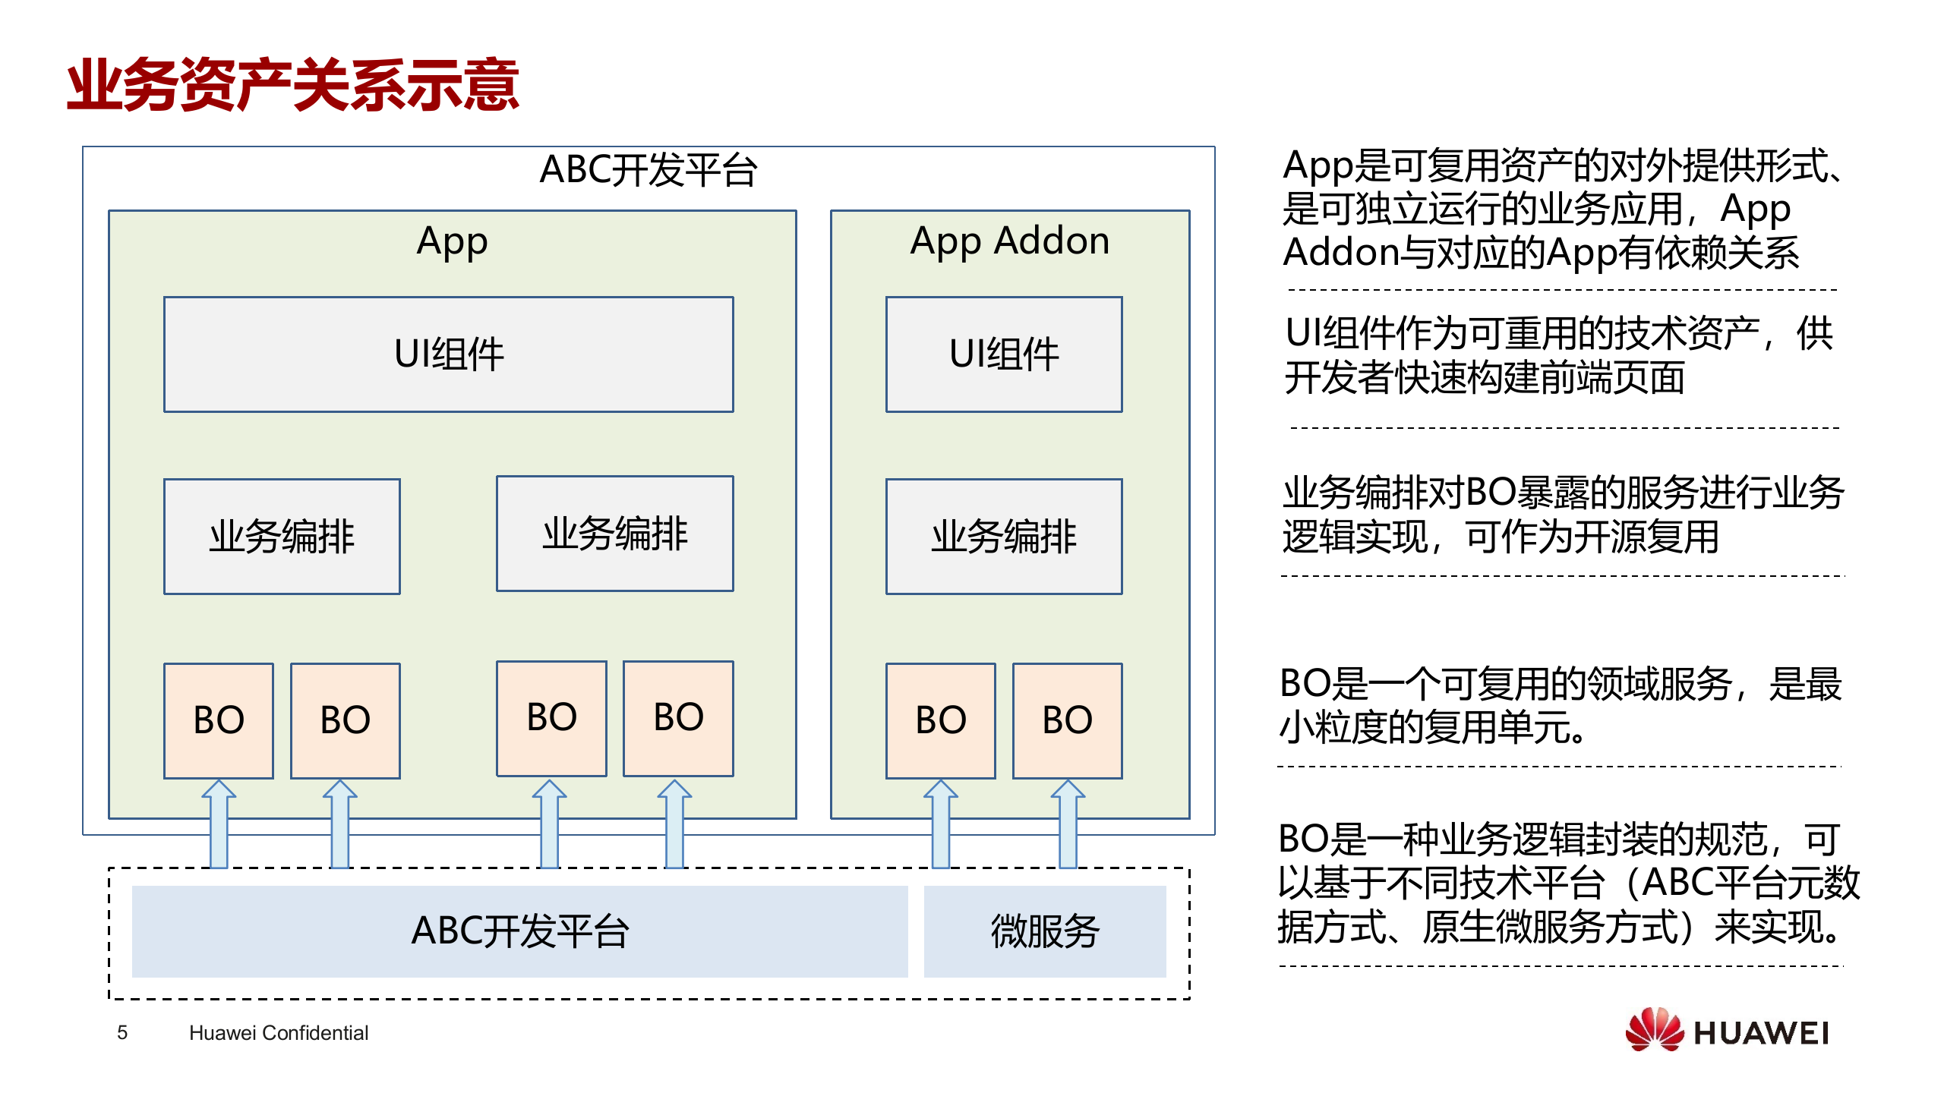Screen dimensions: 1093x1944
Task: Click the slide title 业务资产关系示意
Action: [292, 85]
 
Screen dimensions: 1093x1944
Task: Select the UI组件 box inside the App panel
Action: [448, 354]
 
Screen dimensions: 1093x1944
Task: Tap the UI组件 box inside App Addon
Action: [1003, 354]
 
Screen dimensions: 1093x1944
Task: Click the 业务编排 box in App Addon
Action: [1003, 537]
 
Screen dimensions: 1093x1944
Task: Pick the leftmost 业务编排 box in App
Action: [282, 537]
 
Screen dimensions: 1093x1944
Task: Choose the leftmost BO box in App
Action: [219, 720]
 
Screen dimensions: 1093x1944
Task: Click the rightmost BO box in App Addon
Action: [1067, 720]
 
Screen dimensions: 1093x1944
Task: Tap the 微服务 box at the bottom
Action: [1044, 931]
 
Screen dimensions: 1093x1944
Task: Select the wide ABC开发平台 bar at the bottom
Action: [519, 931]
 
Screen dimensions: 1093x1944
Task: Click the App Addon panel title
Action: [1009, 241]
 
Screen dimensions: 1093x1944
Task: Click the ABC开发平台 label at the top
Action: [648, 170]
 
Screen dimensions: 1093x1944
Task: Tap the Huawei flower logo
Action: [1654, 1030]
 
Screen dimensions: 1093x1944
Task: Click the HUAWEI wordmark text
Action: [1760, 1033]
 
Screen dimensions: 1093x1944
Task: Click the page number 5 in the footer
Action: [122, 1032]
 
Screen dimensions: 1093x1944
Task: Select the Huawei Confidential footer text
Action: [278, 1032]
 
